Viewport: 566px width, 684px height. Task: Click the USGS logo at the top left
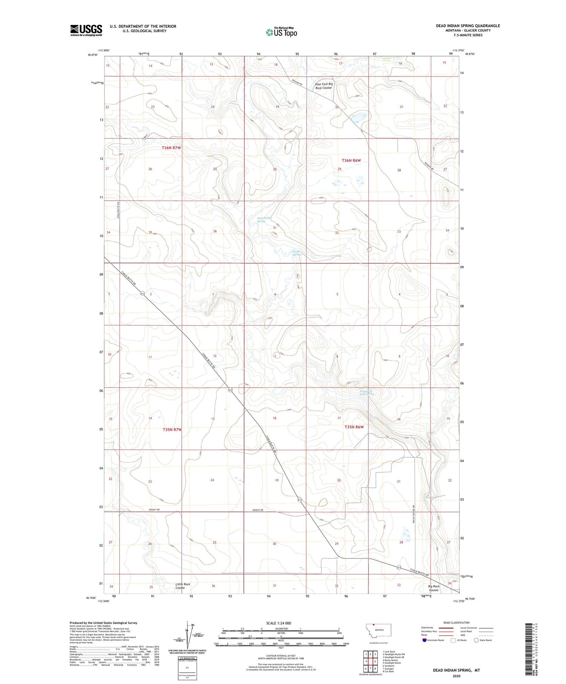click(x=86, y=30)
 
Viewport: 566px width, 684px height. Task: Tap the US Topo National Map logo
click(x=281, y=32)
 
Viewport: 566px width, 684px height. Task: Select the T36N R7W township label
click(x=171, y=148)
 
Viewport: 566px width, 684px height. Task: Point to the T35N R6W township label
click(x=354, y=427)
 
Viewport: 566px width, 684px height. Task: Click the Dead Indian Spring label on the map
click(x=265, y=220)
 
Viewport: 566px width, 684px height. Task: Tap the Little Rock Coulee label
click(x=183, y=586)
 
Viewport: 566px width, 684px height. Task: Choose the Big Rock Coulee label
click(x=434, y=588)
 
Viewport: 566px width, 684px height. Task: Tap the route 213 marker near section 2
click(x=142, y=294)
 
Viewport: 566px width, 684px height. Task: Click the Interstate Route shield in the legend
click(x=424, y=640)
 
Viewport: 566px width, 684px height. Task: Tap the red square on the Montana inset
click(x=374, y=625)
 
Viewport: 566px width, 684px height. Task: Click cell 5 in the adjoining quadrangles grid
click(x=375, y=661)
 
